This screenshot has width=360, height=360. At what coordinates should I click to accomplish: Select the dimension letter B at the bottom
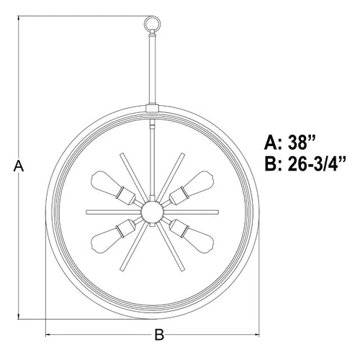click(161, 334)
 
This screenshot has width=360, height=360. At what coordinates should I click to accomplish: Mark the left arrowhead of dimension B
click(49, 334)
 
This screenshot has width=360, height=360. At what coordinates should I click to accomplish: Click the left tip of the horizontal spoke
click(87, 211)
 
